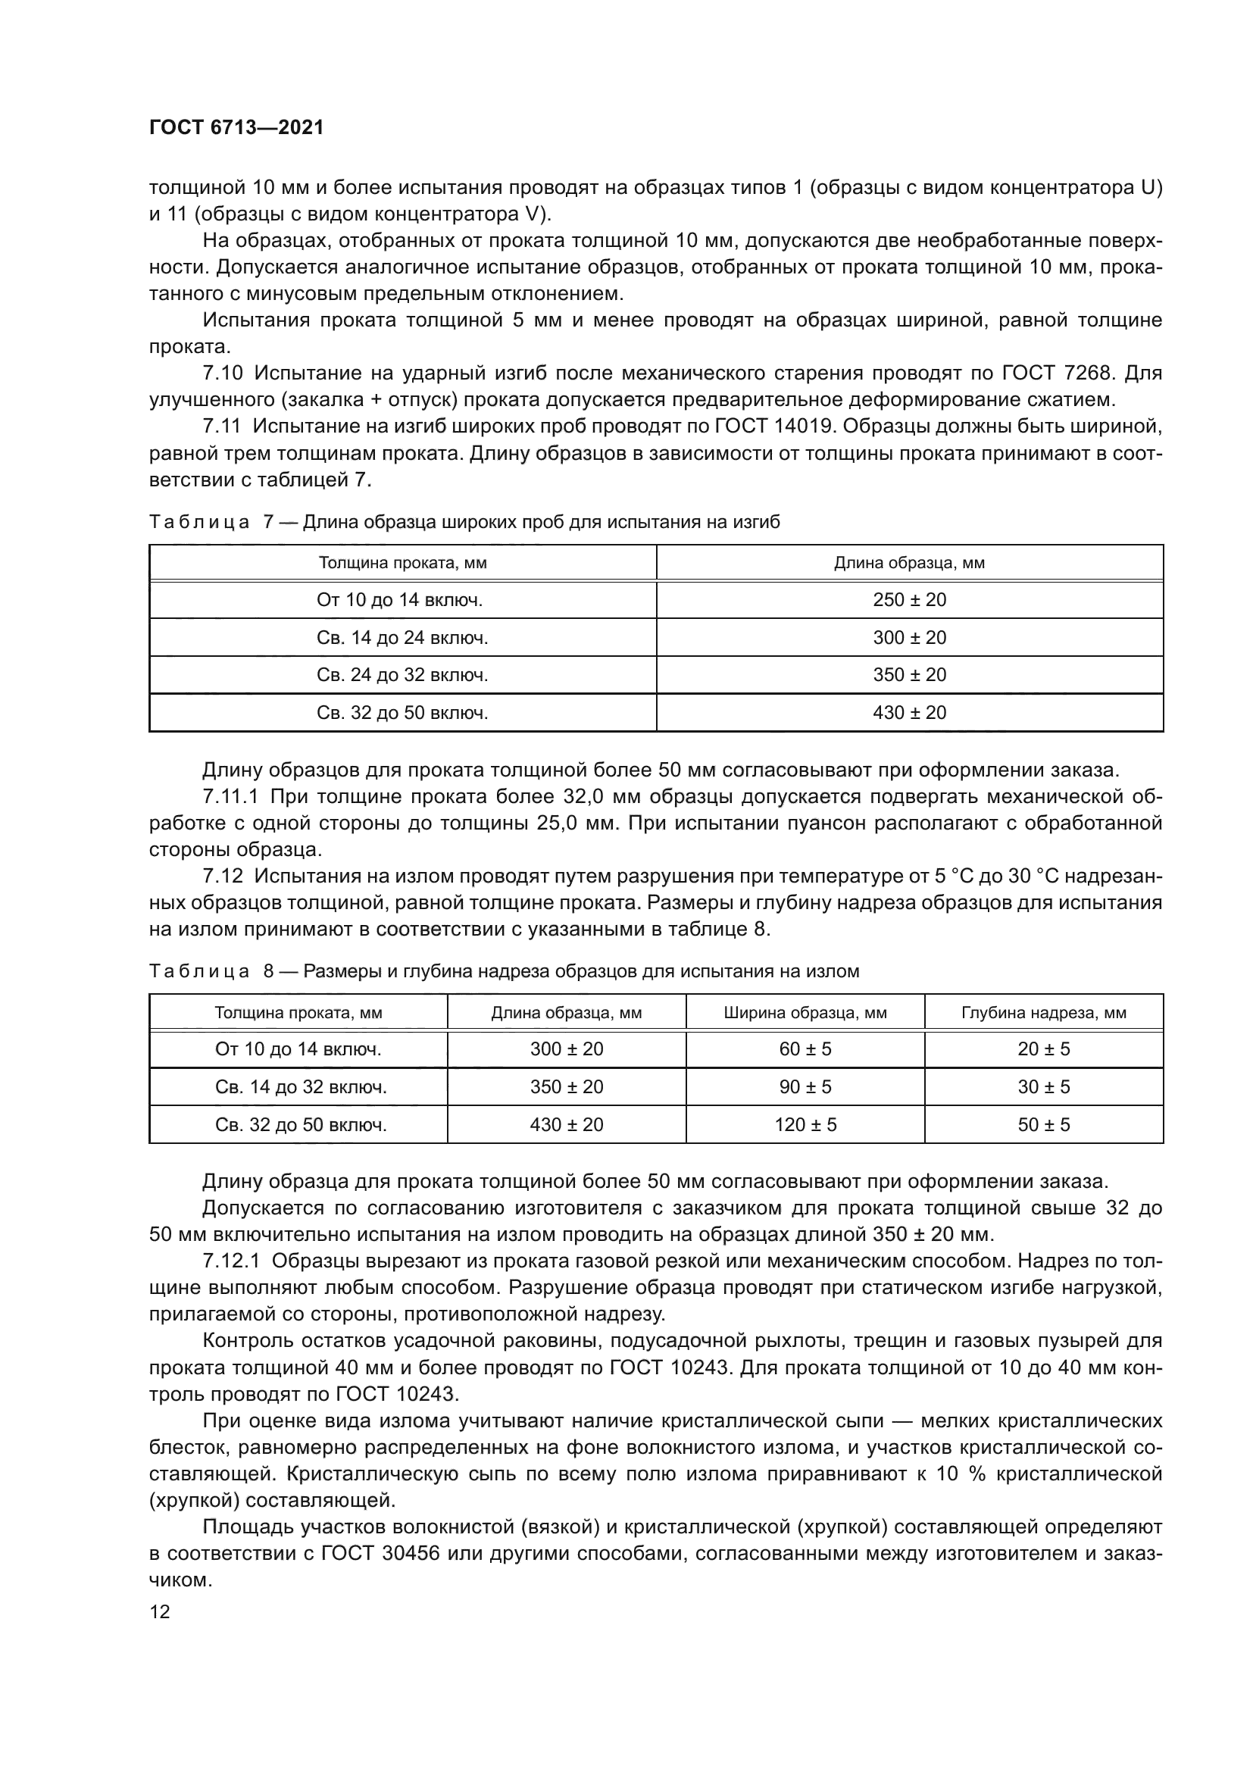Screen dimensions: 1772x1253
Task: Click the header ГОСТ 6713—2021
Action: click(x=236, y=128)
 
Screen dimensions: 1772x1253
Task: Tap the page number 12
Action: click(x=160, y=1611)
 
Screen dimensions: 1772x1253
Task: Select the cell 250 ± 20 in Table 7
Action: click(x=909, y=600)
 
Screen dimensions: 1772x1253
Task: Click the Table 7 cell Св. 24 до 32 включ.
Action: click(x=402, y=674)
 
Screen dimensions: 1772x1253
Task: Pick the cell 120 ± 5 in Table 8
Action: click(x=805, y=1124)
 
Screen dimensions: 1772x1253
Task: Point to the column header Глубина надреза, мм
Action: click(x=1043, y=1013)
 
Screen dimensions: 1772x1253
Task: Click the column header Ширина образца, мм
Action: click(x=805, y=1013)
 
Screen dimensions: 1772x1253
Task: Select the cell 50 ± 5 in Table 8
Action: click(x=1043, y=1124)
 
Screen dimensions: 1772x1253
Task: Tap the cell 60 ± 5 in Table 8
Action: click(x=805, y=1049)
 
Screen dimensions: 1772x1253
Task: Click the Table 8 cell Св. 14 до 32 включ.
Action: click(x=300, y=1086)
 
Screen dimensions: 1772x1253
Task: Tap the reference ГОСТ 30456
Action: click(x=380, y=1554)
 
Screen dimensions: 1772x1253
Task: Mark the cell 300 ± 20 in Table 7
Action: click(x=909, y=637)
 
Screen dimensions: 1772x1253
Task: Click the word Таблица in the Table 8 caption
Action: click(x=199, y=972)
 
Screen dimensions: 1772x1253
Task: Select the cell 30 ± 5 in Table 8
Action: click(x=1043, y=1086)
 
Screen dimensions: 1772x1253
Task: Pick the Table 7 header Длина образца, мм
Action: click(x=909, y=563)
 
